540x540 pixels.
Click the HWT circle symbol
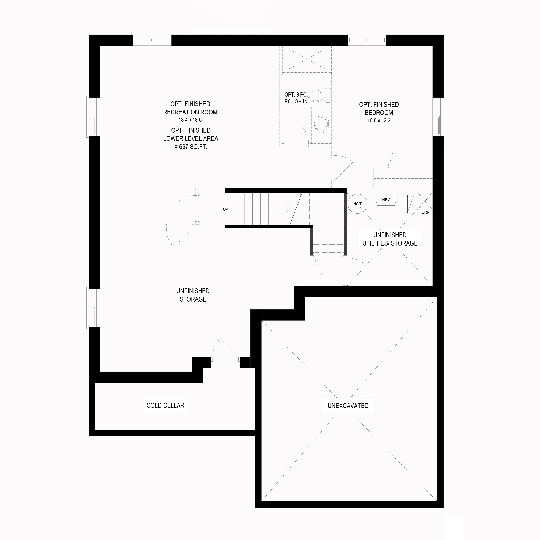357,204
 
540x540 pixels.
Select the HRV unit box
386,200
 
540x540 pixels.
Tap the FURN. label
425,212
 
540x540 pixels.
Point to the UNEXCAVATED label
348,406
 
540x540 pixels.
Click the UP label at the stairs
225,209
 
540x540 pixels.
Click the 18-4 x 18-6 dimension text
190,120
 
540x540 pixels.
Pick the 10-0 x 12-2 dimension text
379,121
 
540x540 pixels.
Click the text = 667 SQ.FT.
191,147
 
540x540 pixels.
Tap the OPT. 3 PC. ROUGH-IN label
296,98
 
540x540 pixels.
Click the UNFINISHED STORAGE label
193,295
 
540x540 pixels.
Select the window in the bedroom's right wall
438,117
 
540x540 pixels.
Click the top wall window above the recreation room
152,39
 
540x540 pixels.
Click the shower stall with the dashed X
307,59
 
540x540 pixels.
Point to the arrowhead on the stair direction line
289,209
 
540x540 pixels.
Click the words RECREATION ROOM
190,112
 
